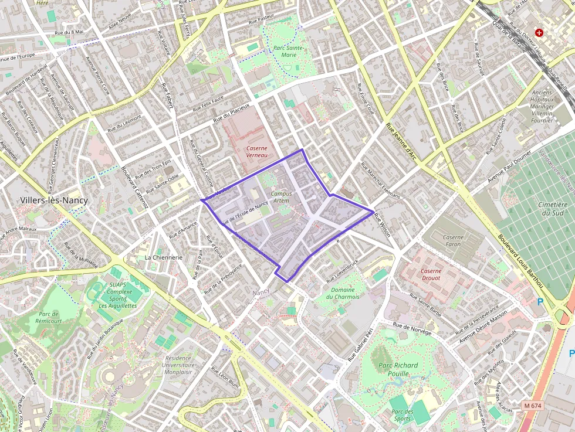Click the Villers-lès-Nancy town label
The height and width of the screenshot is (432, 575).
click(x=54, y=200)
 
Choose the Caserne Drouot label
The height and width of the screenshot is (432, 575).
click(x=431, y=275)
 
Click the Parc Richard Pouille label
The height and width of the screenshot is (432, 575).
click(x=398, y=369)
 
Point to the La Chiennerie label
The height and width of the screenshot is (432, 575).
click(x=164, y=257)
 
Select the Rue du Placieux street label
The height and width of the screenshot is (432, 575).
click(x=235, y=115)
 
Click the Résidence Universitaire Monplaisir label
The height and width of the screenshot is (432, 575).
click(x=178, y=365)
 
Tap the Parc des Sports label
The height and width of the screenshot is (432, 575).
click(x=401, y=415)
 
